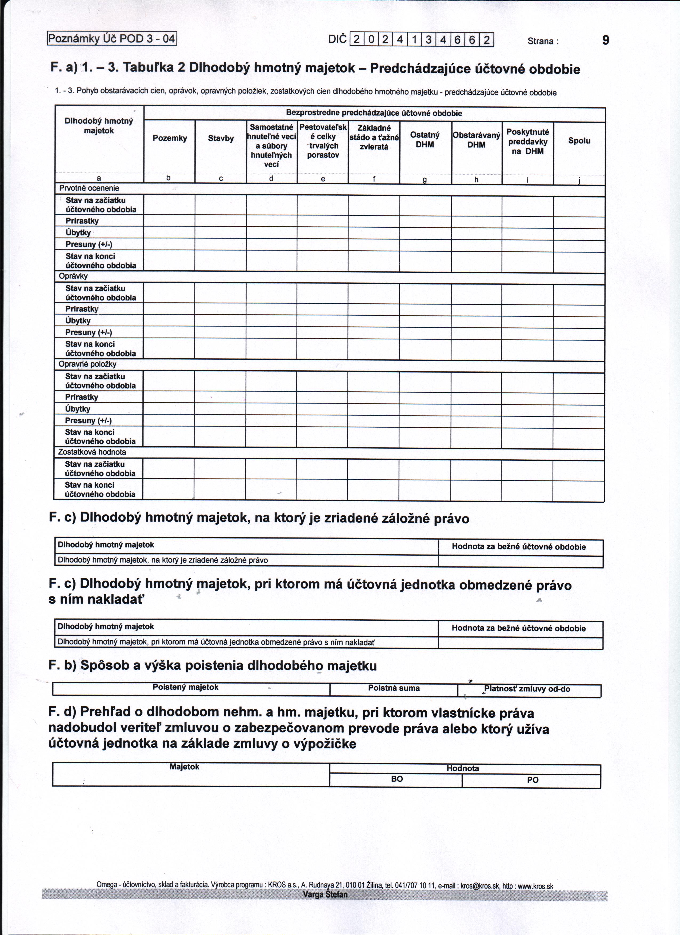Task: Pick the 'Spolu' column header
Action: tap(579, 141)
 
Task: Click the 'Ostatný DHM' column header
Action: tap(425, 140)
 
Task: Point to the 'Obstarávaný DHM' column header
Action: tap(476, 140)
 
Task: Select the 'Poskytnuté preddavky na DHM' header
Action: tap(527, 141)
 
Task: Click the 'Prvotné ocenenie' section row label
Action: tap(89, 188)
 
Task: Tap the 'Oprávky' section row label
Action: tap(73, 276)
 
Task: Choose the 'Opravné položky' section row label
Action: tap(87, 364)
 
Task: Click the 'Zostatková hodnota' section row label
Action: tap(92, 452)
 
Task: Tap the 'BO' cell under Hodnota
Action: tap(397, 779)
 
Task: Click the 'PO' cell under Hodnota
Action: tap(532, 780)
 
